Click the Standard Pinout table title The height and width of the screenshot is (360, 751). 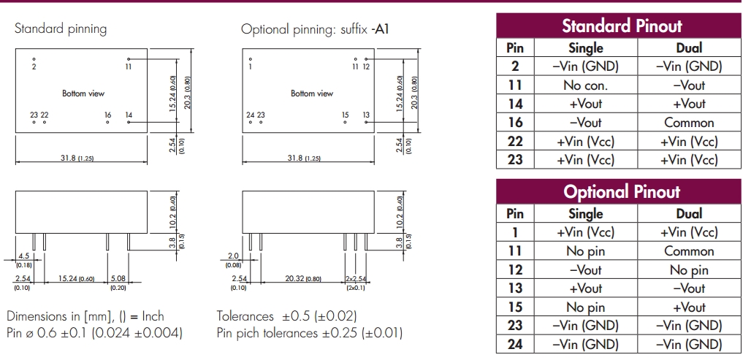coord(622,26)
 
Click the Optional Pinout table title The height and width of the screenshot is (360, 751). coord(622,192)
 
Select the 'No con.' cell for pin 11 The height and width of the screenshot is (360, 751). coord(585,85)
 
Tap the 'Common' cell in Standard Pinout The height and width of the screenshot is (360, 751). coord(689,123)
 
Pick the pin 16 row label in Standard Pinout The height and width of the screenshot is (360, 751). coord(515,123)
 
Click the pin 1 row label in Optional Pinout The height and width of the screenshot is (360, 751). coord(515,232)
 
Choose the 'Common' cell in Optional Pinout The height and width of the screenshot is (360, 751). coord(689,251)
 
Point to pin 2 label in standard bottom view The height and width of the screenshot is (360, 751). coord(34,66)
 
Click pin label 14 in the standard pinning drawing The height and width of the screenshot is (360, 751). coord(129,115)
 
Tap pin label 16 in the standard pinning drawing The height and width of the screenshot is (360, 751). coord(107,115)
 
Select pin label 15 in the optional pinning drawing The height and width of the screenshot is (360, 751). coord(346,115)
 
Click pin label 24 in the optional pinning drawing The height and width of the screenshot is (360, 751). coord(251,115)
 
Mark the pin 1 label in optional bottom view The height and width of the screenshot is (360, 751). coord(250,66)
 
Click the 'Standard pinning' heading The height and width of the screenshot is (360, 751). coord(61,29)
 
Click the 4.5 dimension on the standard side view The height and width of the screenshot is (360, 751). coord(23,255)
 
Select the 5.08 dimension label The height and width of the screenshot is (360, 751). coord(118,278)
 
